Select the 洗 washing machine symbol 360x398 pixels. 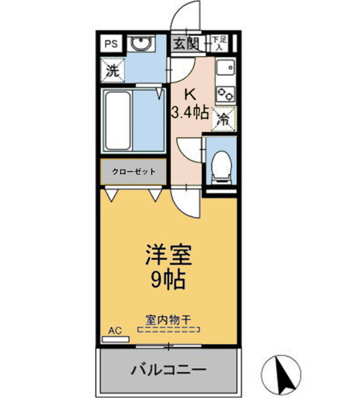(x=112, y=70)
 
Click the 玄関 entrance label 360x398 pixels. (x=185, y=44)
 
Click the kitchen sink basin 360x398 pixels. (x=224, y=67)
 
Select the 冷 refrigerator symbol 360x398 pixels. (x=222, y=119)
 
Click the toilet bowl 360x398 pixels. (x=220, y=165)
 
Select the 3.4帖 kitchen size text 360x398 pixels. (x=190, y=113)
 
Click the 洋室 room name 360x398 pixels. (x=168, y=256)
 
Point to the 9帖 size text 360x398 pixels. (x=168, y=280)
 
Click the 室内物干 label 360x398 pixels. (x=168, y=320)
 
